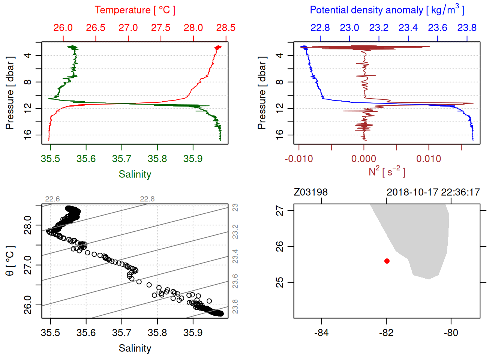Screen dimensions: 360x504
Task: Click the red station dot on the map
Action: [387, 261]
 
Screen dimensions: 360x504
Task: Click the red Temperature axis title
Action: [135, 10]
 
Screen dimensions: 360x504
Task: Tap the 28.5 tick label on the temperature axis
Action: [226, 28]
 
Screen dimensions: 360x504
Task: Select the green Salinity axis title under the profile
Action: [135, 174]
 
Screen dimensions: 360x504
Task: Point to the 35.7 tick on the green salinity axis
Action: [121, 159]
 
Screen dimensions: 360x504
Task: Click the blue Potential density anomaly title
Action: [387, 10]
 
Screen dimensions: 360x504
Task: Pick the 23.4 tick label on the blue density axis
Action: [408, 28]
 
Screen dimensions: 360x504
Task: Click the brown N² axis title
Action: [387, 172]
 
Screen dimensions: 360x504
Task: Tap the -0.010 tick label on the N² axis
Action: [299, 159]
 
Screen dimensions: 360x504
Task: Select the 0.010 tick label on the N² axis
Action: [429, 159]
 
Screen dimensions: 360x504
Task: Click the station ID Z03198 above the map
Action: [310, 192]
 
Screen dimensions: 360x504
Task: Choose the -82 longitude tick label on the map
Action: [386, 333]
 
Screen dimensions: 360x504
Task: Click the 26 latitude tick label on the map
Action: [280, 246]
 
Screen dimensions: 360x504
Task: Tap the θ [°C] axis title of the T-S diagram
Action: [10, 261]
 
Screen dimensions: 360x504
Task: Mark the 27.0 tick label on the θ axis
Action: [28, 265]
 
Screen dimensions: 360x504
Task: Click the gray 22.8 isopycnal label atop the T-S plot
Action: [147, 199]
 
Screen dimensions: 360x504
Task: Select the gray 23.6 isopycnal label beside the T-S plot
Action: [235, 281]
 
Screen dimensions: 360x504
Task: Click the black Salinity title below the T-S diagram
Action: [135, 348]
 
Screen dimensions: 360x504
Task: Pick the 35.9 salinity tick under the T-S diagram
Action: [193, 333]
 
